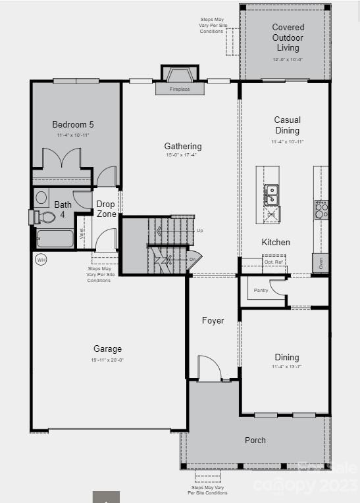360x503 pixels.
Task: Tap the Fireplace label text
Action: tap(179, 89)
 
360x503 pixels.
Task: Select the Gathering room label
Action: tap(183, 146)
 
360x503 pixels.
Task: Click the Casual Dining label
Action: tap(287, 125)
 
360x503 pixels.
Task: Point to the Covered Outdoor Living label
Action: tap(288, 37)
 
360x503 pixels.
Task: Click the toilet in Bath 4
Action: tap(45, 217)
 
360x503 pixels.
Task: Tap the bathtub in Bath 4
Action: tap(55, 238)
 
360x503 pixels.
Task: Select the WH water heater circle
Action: tap(41, 260)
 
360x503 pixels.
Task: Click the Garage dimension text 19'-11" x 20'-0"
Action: tap(107, 360)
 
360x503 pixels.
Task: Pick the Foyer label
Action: tap(213, 321)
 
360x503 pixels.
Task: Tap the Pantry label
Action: tap(261, 290)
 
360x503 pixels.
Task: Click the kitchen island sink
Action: tap(271, 195)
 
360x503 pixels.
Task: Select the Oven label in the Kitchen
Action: tap(321, 264)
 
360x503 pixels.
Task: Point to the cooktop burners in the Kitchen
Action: tap(321, 210)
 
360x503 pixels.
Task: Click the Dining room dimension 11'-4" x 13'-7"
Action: tap(286, 367)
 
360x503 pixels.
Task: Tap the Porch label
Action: tap(255, 440)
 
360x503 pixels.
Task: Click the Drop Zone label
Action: tap(106, 209)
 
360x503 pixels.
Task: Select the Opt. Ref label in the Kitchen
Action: tap(273, 262)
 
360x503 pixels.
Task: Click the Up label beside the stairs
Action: tap(200, 231)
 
